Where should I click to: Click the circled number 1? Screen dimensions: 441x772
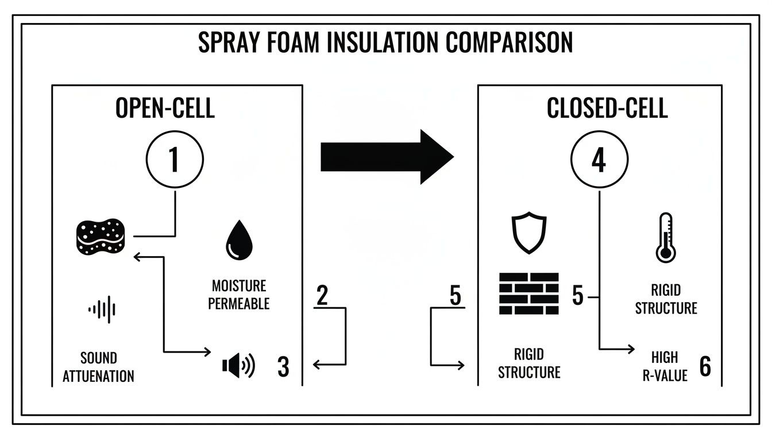coord(175,160)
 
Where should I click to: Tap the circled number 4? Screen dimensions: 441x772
coord(599,160)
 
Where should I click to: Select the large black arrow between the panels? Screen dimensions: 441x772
coord(387,157)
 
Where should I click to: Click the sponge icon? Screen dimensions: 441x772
coord(100,236)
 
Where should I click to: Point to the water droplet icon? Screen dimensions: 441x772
coord(239,242)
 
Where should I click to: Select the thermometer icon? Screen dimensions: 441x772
coord(665,238)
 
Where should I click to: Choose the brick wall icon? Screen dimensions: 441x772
coord(528,293)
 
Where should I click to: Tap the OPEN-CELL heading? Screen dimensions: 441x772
coord(165,108)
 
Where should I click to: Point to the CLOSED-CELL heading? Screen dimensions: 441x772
coord(607,108)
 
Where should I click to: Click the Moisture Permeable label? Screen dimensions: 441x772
coord(239,295)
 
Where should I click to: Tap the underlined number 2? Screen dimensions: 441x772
coord(322,296)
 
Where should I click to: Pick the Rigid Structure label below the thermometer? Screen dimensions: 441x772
coord(666,299)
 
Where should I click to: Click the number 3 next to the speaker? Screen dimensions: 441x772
coord(283,367)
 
